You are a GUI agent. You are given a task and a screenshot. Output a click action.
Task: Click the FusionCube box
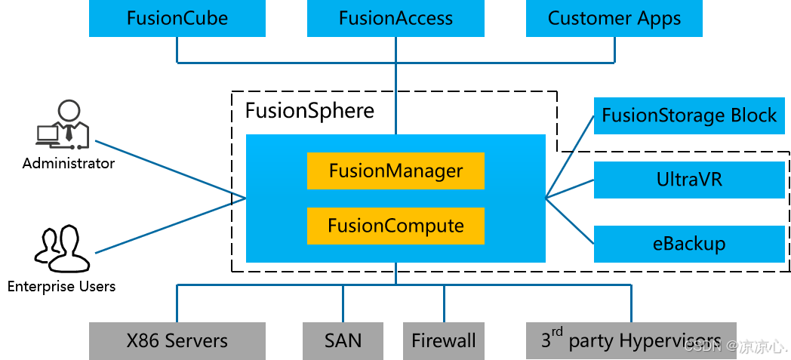coord(177,18)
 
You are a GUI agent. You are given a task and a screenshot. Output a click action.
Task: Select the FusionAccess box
coord(395,18)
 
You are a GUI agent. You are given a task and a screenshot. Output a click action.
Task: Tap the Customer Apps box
coord(614,18)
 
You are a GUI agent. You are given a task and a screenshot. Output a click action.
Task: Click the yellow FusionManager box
coord(395,171)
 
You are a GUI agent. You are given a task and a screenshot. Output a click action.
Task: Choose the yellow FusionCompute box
coord(395,226)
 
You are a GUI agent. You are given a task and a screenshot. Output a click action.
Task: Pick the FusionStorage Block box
coord(689,115)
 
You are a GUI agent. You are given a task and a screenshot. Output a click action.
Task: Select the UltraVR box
coord(689,180)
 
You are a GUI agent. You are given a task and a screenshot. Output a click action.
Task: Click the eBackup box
coord(689,244)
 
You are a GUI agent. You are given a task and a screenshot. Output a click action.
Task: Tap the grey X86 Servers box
coord(177,340)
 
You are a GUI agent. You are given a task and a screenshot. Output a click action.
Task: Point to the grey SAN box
coord(343,340)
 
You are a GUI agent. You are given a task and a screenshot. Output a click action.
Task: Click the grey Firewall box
coord(443,340)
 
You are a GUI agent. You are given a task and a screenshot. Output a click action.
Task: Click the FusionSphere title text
coord(309,111)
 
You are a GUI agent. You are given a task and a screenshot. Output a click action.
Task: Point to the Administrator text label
coord(69,163)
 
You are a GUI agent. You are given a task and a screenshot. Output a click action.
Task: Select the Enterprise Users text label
coord(61,287)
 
